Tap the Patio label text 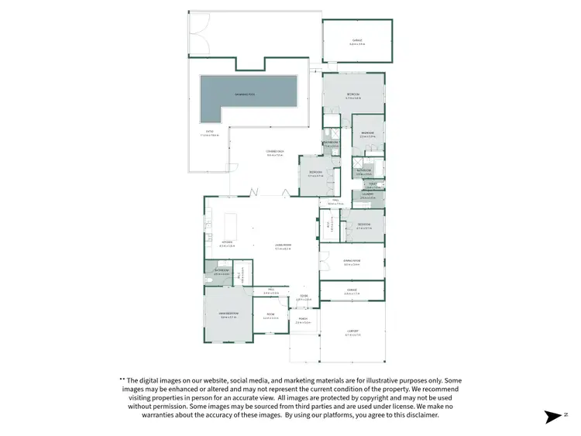[x=208, y=133]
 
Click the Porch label [x=303, y=321]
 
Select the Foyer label [x=304, y=297]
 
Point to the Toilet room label [x=372, y=184]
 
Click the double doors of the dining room [x=321, y=259]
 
